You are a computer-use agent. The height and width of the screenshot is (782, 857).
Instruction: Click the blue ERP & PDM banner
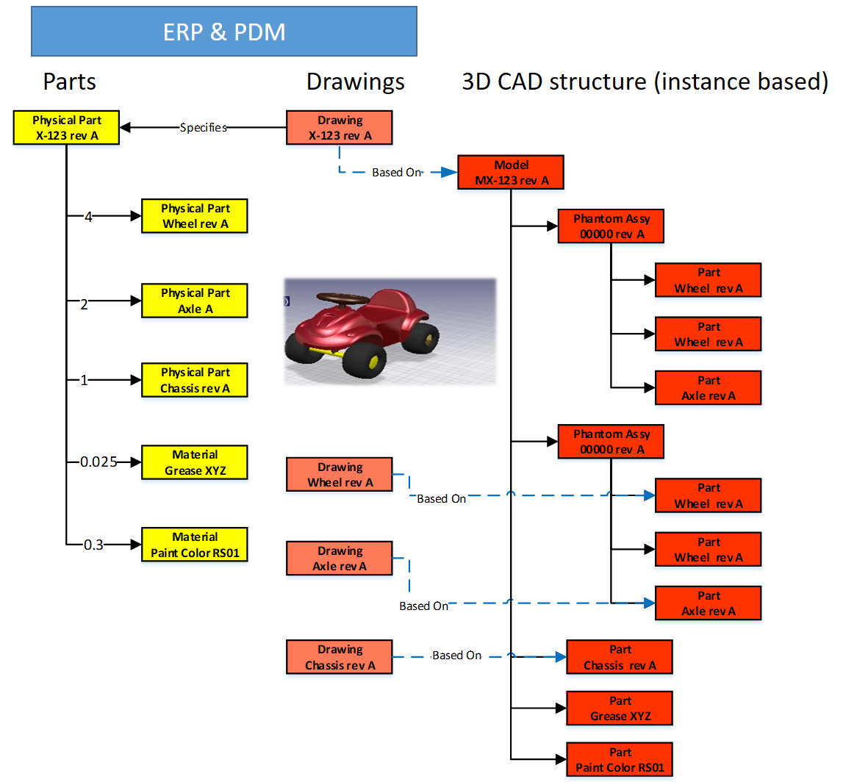(x=224, y=32)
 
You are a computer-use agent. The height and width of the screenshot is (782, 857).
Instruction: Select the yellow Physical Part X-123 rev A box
(x=67, y=128)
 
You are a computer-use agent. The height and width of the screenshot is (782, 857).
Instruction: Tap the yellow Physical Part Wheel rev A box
(x=195, y=216)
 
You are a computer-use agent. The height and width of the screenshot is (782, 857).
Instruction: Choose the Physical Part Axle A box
(x=195, y=301)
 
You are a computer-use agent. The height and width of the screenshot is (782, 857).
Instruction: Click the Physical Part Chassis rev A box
(x=195, y=380)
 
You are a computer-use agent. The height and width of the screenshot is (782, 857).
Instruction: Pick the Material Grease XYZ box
(x=195, y=462)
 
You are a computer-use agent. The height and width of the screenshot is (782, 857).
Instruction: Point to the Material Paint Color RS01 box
(x=195, y=545)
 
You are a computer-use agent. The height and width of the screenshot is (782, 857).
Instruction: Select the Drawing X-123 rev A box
(x=340, y=128)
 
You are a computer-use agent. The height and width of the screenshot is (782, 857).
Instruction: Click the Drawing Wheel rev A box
(x=340, y=475)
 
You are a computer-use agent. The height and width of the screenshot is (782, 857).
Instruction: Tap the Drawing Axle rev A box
(x=340, y=559)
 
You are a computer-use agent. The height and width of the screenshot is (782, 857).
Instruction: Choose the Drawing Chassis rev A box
(x=340, y=657)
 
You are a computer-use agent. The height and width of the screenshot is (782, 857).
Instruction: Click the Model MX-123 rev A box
(x=511, y=173)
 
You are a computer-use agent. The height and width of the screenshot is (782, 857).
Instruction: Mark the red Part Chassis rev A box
(x=620, y=657)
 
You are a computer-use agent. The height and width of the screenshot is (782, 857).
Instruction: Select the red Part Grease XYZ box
(x=620, y=709)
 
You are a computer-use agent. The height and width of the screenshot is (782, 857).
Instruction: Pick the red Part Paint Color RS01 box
(x=620, y=760)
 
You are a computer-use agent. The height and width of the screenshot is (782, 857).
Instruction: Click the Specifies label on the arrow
(x=204, y=128)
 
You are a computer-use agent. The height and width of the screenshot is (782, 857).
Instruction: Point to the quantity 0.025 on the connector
(x=98, y=462)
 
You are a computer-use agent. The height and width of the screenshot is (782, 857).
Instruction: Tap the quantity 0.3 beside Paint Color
(x=93, y=545)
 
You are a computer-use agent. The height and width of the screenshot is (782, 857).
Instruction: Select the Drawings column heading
(x=356, y=82)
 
